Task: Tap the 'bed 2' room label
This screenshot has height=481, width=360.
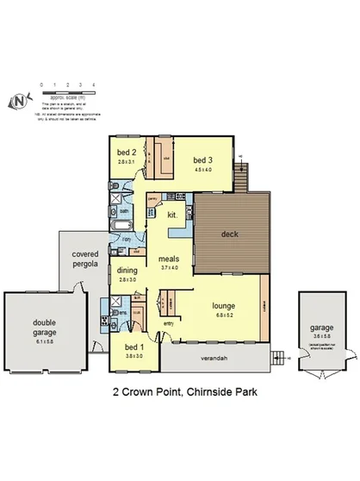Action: coord(126,153)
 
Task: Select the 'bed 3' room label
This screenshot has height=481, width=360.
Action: coord(202,159)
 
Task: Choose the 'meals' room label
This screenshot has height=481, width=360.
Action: coord(168,259)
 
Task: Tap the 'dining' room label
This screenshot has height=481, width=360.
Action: coord(127,271)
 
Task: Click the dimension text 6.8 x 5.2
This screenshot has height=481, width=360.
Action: coord(225,314)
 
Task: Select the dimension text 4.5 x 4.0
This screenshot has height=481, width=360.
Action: coord(202,169)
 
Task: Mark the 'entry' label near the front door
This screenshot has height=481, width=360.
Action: coord(167,323)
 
